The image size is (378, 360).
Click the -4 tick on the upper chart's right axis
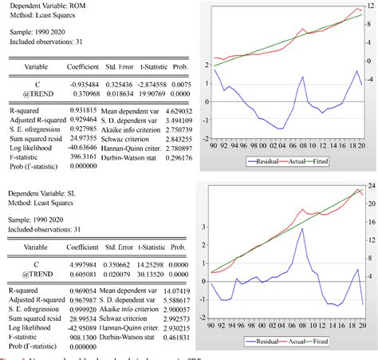click(369, 79)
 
